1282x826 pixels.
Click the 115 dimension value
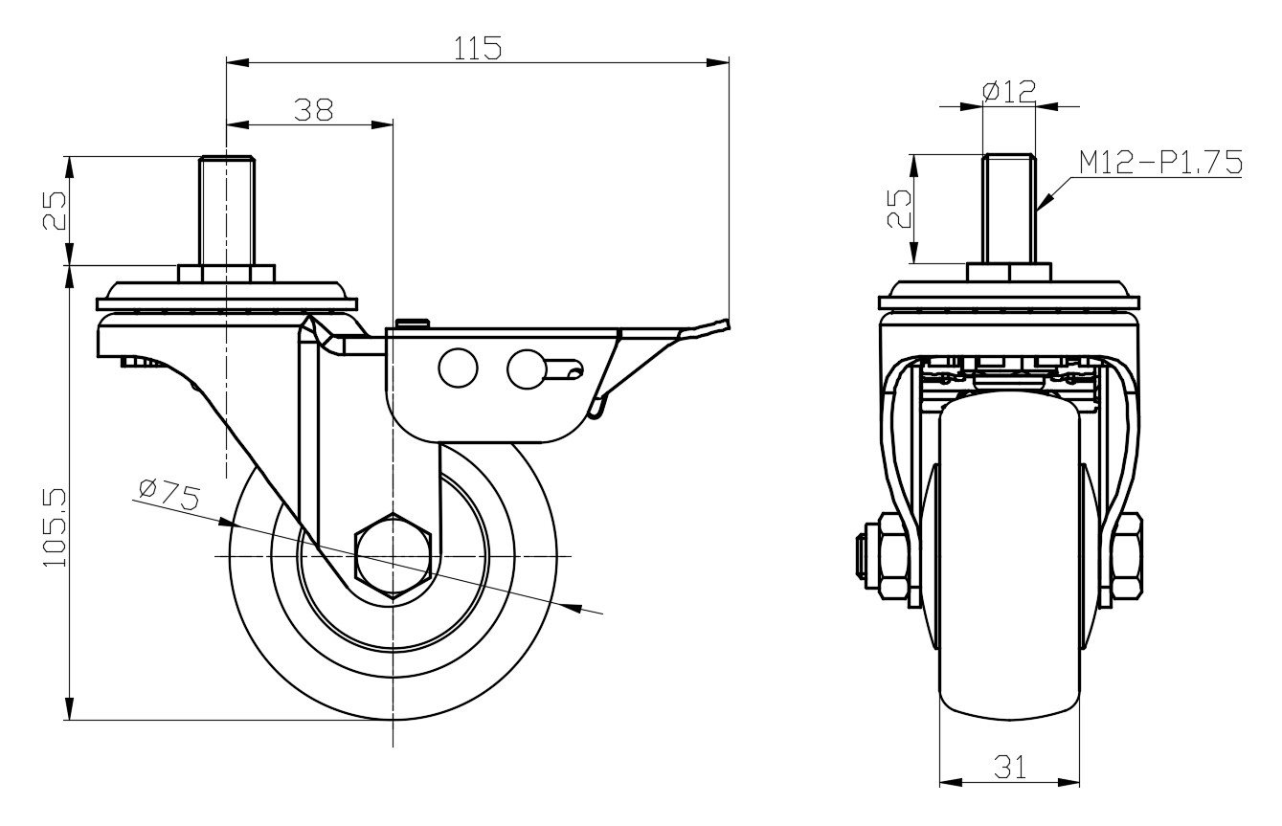point(478,49)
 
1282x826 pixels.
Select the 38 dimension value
point(313,110)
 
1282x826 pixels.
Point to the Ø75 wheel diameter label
point(169,495)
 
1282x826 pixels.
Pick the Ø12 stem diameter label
point(1009,92)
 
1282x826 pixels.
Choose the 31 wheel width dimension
point(1009,768)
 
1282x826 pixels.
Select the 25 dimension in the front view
point(898,209)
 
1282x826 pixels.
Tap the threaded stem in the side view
point(226,211)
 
